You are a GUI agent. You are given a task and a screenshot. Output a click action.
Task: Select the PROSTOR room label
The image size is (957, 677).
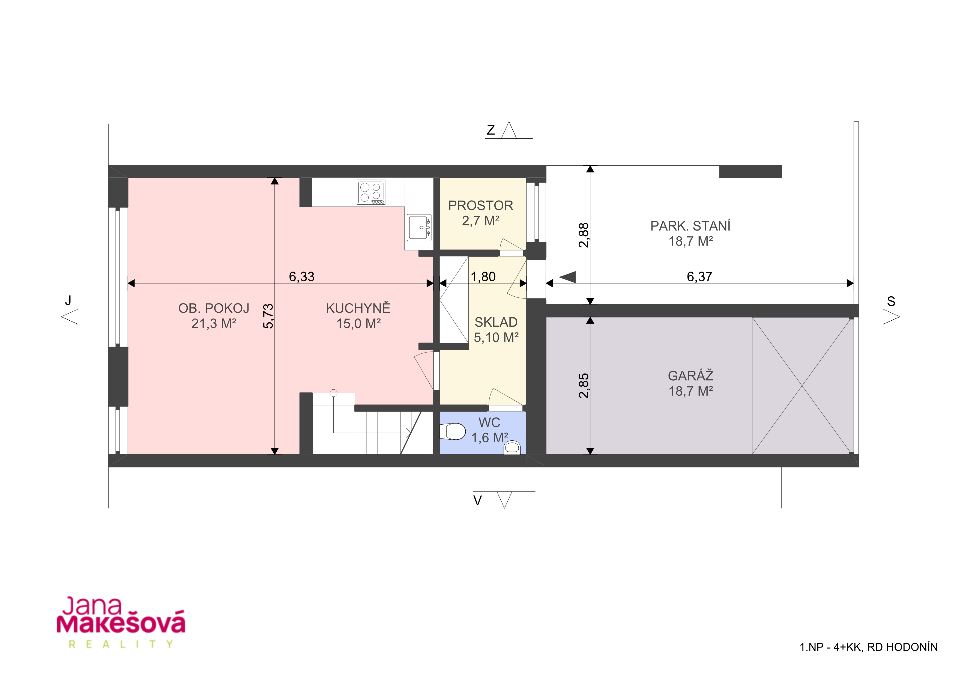pyautogui.click(x=481, y=205)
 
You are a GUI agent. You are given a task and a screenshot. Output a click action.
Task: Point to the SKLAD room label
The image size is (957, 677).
pyautogui.click(x=496, y=322)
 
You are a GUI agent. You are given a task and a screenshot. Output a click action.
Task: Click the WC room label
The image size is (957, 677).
pyautogui.click(x=489, y=422)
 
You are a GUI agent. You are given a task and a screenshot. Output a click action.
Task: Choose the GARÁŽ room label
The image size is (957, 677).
pyautogui.click(x=691, y=375)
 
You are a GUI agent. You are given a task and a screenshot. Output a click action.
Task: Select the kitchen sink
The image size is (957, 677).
pyautogui.click(x=419, y=227)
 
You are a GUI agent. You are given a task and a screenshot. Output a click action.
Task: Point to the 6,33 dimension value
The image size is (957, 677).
pyautogui.click(x=302, y=276)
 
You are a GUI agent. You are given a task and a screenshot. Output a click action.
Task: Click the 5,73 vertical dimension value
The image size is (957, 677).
pyautogui.click(x=268, y=316)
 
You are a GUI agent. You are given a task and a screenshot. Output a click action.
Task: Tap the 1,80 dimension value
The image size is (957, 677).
pyautogui.click(x=483, y=276)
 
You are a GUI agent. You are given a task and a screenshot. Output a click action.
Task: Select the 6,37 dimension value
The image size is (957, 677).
pyautogui.click(x=699, y=276)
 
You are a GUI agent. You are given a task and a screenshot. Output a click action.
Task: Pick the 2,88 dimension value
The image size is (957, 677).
pyautogui.click(x=584, y=235)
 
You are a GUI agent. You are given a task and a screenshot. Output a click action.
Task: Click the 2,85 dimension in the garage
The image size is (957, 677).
pyautogui.click(x=584, y=386)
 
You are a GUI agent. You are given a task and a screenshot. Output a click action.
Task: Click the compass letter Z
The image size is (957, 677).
pyautogui.click(x=491, y=130)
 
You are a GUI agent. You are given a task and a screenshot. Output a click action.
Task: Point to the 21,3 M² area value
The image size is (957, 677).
pyautogui.click(x=214, y=324)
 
